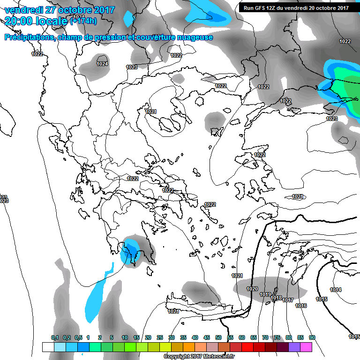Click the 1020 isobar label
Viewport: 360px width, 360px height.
click(x=252, y=289)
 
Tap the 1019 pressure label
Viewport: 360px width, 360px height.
click(x=265, y=294)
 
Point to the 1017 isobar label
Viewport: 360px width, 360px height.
click(x=288, y=300)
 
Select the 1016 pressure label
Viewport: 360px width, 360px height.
click(x=301, y=306)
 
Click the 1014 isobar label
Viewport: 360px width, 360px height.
click(x=336, y=290)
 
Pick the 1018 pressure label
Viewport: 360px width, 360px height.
click(x=277, y=298)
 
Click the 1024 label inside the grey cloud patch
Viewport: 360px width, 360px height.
click(x=102, y=64)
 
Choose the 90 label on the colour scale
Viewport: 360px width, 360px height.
click(x=312, y=337)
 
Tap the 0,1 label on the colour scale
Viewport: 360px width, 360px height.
click(x=54, y=337)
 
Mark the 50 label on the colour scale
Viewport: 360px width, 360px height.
click(x=218, y=337)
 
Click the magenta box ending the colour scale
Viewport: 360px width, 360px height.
click(x=306, y=347)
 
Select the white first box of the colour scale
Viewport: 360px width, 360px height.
click(x=48, y=347)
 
